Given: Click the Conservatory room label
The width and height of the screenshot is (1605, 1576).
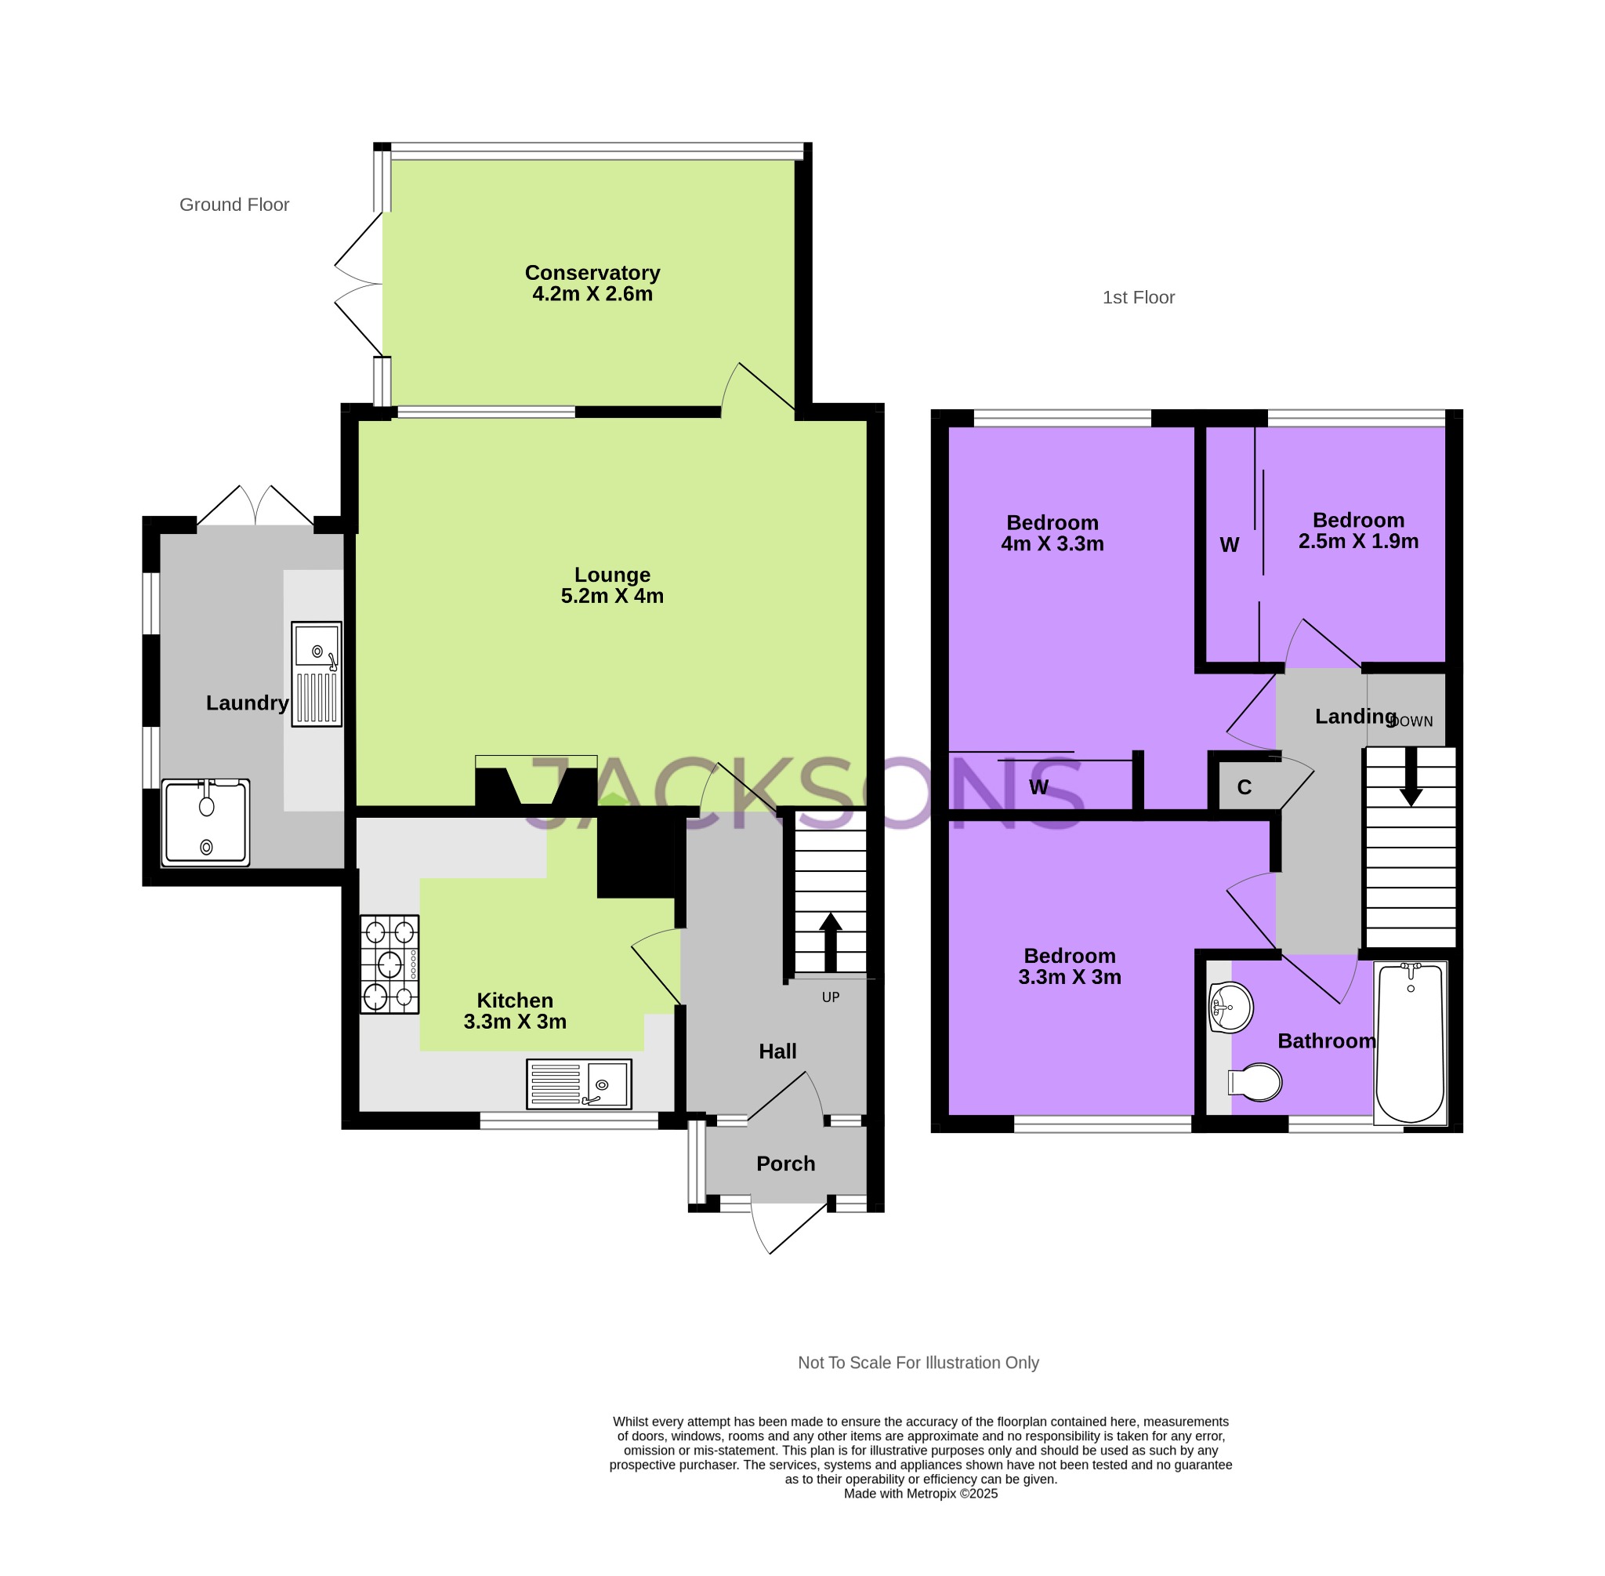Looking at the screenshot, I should click(592, 273).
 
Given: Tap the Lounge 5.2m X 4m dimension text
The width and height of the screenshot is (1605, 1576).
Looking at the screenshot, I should click(612, 596).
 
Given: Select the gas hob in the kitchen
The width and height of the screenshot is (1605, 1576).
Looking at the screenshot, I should click(389, 964).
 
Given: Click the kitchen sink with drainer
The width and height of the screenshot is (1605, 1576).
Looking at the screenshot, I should click(579, 1084).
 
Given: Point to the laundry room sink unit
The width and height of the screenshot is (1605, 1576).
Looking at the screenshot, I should click(316, 674).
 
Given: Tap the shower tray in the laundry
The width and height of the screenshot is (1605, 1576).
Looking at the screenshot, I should click(205, 822).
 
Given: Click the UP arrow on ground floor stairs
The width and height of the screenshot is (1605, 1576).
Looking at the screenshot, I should click(830, 942).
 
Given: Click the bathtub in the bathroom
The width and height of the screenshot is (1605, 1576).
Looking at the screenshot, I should click(1410, 1043).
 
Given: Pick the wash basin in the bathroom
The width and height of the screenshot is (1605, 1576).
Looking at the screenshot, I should click(1230, 1008).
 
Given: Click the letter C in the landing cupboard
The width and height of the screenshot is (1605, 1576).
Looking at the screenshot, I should click(1245, 787).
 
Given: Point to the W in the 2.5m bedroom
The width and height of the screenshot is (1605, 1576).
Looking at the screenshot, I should click(1230, 545).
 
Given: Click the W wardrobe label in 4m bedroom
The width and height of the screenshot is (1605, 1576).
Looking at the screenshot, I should click(1039, 787).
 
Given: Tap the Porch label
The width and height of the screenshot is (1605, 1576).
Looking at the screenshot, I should click(785, 1164).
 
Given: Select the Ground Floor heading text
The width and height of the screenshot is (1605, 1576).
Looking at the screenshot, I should click(234, 205).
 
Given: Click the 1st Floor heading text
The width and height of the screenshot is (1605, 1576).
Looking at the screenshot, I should click(1138, 297).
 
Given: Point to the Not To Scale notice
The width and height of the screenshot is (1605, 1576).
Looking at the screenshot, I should click(918, 1364).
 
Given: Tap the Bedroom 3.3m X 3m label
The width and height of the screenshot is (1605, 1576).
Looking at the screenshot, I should click(1069, 967).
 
